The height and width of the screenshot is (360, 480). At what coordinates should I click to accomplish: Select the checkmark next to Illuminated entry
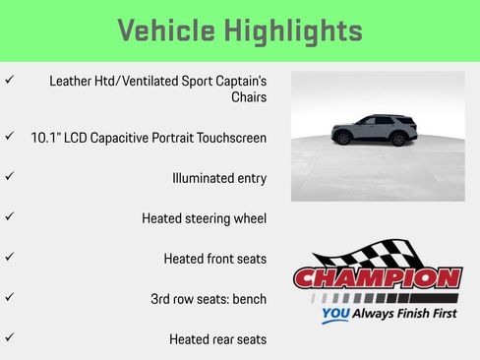coord(10,176)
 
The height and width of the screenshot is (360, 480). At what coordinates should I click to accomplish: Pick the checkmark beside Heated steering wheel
coord(10,216)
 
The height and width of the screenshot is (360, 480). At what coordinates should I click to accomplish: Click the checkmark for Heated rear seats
coord(10,337)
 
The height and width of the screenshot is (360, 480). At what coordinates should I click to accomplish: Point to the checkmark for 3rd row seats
coord(10,297)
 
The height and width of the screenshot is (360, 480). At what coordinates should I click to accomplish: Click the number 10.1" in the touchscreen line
coord(48,138)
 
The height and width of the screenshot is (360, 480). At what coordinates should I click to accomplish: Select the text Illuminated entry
coord(218,178)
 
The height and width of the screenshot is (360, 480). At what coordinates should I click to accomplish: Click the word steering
coord(210,218)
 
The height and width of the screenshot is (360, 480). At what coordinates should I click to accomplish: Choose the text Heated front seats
coord(214,259)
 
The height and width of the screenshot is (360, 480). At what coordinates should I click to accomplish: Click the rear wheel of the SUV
coord(397,140)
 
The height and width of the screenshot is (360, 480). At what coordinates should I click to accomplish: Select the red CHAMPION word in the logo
coord(378,277)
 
